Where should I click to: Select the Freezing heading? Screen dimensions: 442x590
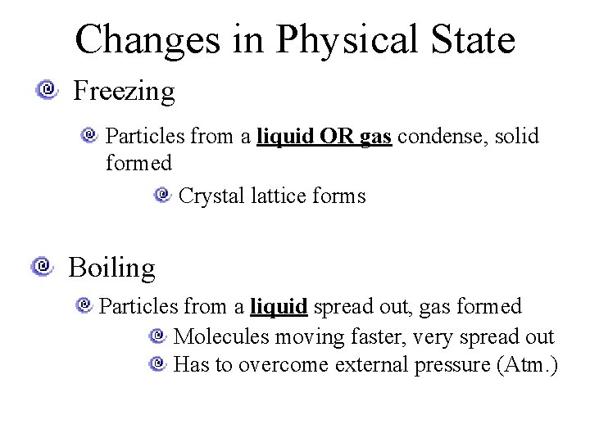coord(124,91)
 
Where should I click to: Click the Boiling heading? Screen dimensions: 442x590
coord(111,268)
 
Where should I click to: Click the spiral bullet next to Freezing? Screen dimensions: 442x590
coord(48,88)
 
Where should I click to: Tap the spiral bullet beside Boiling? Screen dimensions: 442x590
coord(43,266)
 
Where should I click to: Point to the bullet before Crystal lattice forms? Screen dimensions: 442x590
coord(162,195)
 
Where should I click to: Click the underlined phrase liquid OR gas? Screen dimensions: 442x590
coord(324,135)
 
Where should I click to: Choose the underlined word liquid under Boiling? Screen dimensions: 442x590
coord(279,306)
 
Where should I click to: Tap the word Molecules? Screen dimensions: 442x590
coord(221,336)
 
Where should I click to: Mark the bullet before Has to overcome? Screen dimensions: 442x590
coord(158,363)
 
